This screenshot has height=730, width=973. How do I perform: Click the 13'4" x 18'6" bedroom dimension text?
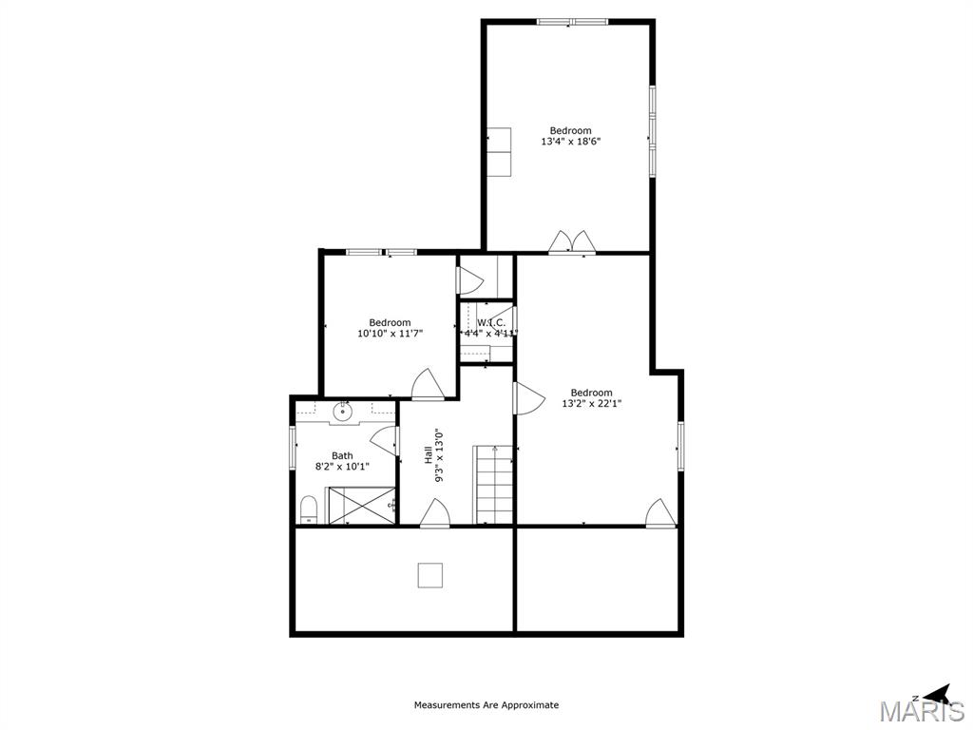pyautogui.click(x=570, y=142)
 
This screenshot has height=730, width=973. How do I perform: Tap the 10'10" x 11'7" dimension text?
pyautogui.click(x=390, y=334)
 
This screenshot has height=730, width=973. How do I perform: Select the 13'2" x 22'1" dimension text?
pyautogui.click(x=591, y=403)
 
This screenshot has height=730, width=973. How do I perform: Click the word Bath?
pyautogui.click(x=342, y=456)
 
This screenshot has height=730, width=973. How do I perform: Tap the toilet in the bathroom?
pyautogui.click(x=309, y=509)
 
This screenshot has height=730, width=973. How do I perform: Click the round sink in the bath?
pyautogui.click(x=342, y=413)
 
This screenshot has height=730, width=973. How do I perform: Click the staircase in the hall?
pyautogui.click(x=494, y=485)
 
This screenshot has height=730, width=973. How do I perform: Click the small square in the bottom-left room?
pyautogui.click(x=430, y=575)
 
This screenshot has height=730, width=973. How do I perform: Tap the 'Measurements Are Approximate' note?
pyautogui.click(x=486, y=705)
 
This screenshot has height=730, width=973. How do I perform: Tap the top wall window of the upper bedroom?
pyautogui.click(x=572, y=21)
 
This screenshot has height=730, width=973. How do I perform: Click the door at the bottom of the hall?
pyautogui.click(x=434, y=513)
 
